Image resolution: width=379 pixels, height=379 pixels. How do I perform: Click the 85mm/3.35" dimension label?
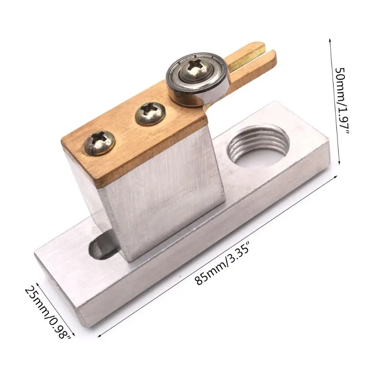222,265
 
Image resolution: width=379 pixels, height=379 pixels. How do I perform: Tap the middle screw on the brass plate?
150,113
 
